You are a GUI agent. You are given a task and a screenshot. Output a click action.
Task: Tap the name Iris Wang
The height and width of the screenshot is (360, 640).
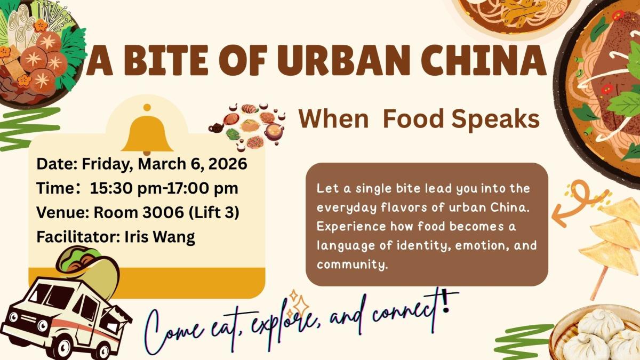point(159,237)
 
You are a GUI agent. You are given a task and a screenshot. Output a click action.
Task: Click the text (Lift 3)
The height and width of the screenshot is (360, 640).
point(214,213)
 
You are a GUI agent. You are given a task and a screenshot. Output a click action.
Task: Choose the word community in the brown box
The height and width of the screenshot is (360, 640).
point(353,265)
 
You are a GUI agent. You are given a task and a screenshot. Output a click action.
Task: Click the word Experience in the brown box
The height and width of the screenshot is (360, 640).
point(351,227)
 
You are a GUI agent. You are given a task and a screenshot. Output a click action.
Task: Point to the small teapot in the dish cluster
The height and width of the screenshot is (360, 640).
point(216,128)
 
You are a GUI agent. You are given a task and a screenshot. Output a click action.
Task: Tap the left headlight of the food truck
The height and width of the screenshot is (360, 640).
point(13,317)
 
